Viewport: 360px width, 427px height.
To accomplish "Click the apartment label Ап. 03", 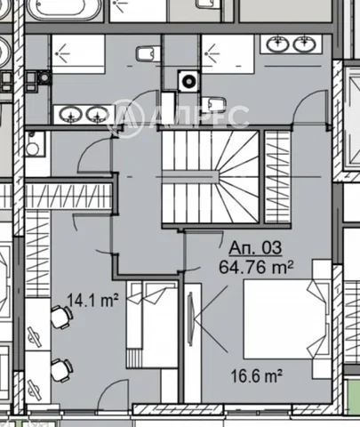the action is pyautogui.click(x=255, y=248).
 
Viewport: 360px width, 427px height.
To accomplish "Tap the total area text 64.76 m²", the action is pyautogui.click(x=256, y=268).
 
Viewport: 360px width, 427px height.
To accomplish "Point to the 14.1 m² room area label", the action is pyautogui.click(x=93, y=301).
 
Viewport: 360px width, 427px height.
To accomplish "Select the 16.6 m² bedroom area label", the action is pyautogui.click(x=256, y=376).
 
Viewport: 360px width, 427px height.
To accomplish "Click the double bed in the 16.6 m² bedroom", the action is pyautogui.click(x=286, y=319).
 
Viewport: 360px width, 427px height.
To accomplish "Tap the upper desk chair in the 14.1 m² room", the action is pyautogui.click(x=61, y=317).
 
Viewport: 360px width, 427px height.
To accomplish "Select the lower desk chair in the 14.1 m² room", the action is pyautogui.click(x=61, y=370).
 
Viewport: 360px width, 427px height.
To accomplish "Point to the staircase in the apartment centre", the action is pyautogui.click(x=211, y=177).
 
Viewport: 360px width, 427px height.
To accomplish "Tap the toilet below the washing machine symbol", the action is pyautogui.click(x=215, y=104).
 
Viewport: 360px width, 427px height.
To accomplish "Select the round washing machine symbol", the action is pyautogui.click(x=188, y=80).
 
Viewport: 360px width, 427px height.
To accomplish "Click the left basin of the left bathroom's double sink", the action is pyautogui.click(x=71, y=114).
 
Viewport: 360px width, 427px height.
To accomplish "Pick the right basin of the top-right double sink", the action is pyautogui.click(x=305, y=44).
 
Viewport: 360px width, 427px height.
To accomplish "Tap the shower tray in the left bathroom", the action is pyautogui.click(x=78, y=54).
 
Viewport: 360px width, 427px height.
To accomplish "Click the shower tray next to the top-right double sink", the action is pyautogui.click(x=228, y=54).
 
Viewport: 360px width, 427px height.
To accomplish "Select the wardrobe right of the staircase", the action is pyautogui.click(x=277, y=177).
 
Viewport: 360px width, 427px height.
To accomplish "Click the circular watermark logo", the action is pyautogui.click(x=125, y=117).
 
